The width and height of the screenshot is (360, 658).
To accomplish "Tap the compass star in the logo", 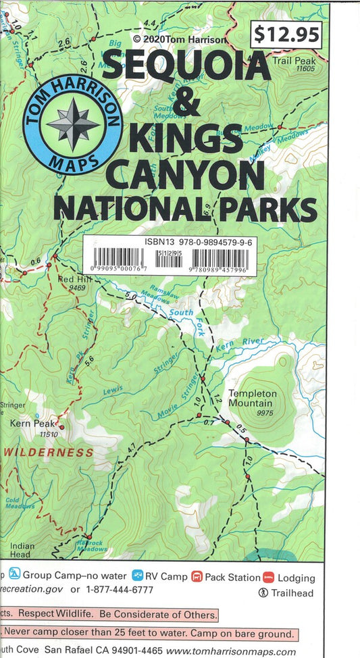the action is click(x=72, y=124).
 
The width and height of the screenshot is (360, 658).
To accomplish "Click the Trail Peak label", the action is click(x=294, y=61).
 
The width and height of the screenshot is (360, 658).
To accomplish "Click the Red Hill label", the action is click(x=75, y=279).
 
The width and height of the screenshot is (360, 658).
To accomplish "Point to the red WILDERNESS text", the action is click(x=49, y=451).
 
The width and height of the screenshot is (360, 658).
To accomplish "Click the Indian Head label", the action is click(x=21, y=550).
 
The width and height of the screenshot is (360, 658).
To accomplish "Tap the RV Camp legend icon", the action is click(x=137, y=576).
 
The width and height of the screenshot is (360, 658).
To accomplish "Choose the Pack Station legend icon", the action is click(x=197, y=576).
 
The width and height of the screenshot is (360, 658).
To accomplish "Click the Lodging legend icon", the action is click(x=268, y=577).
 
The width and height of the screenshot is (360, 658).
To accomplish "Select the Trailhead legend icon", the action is click(x=263, y=592).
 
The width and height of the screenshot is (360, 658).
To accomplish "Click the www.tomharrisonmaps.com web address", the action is click(x=231, y=651).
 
